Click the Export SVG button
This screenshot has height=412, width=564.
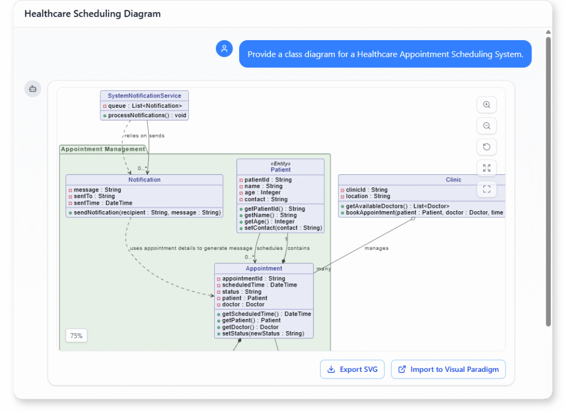pyautogui.click(x=352, y=370)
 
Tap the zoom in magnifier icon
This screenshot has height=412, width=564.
pyautogui.click(x=486, y=105)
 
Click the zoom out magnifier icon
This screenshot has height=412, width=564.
pyautogui.click(x=486, y=126)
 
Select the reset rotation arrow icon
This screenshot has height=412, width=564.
pyautogui.click(x=486, y=147)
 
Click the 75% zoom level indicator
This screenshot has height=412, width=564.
pyautogui.click(x=76, y=336)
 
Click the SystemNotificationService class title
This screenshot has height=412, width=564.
pyautogui.click(x=144, y=96)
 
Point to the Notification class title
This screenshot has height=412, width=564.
pyautogui.click(x=144, y=180)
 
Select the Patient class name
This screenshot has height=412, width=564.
pyautogui.click(x=280, y=170)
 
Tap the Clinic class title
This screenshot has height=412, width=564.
pyautogui.click(x=453, y=180)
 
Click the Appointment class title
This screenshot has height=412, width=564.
pyautogui.click(x=264, y=268)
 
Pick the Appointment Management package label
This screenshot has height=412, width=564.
pyautogui.click(x=103, y=149)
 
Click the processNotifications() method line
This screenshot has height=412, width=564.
pyautogui.click(x=147, y=116)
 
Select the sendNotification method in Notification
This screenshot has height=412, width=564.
pyautogui.click(x=147, y=212)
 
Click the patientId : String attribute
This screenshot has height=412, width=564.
pyautogui.click(x=268, y=180)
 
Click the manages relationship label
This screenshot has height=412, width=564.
pyautogui.click(x=376, y=248)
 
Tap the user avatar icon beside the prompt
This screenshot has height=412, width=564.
pyautogui.click(x=224, y=49)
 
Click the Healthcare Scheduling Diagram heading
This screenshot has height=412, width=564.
pyautogui.click(x=93, y=14)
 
